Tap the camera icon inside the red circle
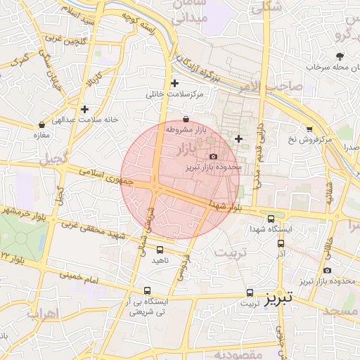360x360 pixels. (213, 155)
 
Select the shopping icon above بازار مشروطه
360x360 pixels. (185, 119)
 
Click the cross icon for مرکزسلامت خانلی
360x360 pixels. (174, 83)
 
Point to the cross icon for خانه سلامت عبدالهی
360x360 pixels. (84, 109)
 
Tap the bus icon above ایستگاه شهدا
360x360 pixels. (271, 219)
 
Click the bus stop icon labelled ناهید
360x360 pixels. (160, 250)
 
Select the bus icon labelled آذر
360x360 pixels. (281, 243)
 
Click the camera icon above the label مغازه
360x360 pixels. (41, 126)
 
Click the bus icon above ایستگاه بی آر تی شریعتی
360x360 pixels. (147, 290)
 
